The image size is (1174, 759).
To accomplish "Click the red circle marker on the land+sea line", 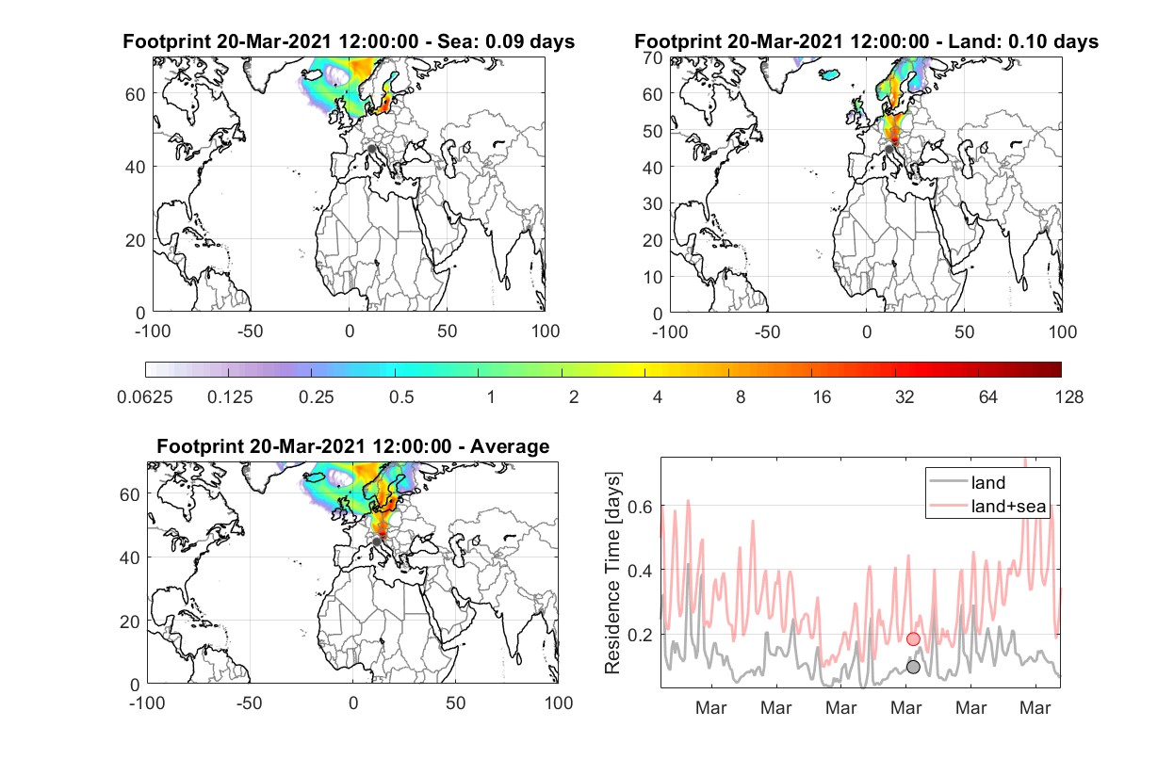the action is [x=913, y=638].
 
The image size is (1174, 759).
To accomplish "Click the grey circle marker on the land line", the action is [x=913, y=667].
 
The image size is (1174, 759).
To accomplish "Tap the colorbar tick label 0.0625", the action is [x=145, y=397].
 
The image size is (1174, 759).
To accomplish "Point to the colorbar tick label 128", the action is [x=1068, y=397].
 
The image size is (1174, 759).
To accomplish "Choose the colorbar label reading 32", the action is [x=905, y=397].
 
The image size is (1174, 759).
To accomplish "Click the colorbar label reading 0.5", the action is [x=401, y=397].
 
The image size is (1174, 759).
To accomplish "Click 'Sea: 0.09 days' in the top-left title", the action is [x=506, y=41].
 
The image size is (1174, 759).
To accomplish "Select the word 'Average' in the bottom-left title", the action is [x=510, y=446].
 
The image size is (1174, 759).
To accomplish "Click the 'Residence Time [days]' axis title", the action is [x=612, y=573].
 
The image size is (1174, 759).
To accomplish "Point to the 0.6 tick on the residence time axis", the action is [x=640, y=507].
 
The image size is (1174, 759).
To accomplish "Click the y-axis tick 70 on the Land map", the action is [x=653, y=57].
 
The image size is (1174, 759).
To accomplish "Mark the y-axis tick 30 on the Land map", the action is [x=653, y=203].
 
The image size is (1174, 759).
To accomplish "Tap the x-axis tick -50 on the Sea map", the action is [x=250, y=331].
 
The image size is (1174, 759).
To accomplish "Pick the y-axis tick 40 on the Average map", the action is [x=129, y=557].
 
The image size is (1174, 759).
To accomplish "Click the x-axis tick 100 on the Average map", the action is [x=559, y=702].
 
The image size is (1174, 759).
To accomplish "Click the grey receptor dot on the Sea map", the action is [x=371, y=149].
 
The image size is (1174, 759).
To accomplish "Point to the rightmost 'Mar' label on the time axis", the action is [x=1035, y=707].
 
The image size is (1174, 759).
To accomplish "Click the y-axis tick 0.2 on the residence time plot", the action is [x=640, y=635].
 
